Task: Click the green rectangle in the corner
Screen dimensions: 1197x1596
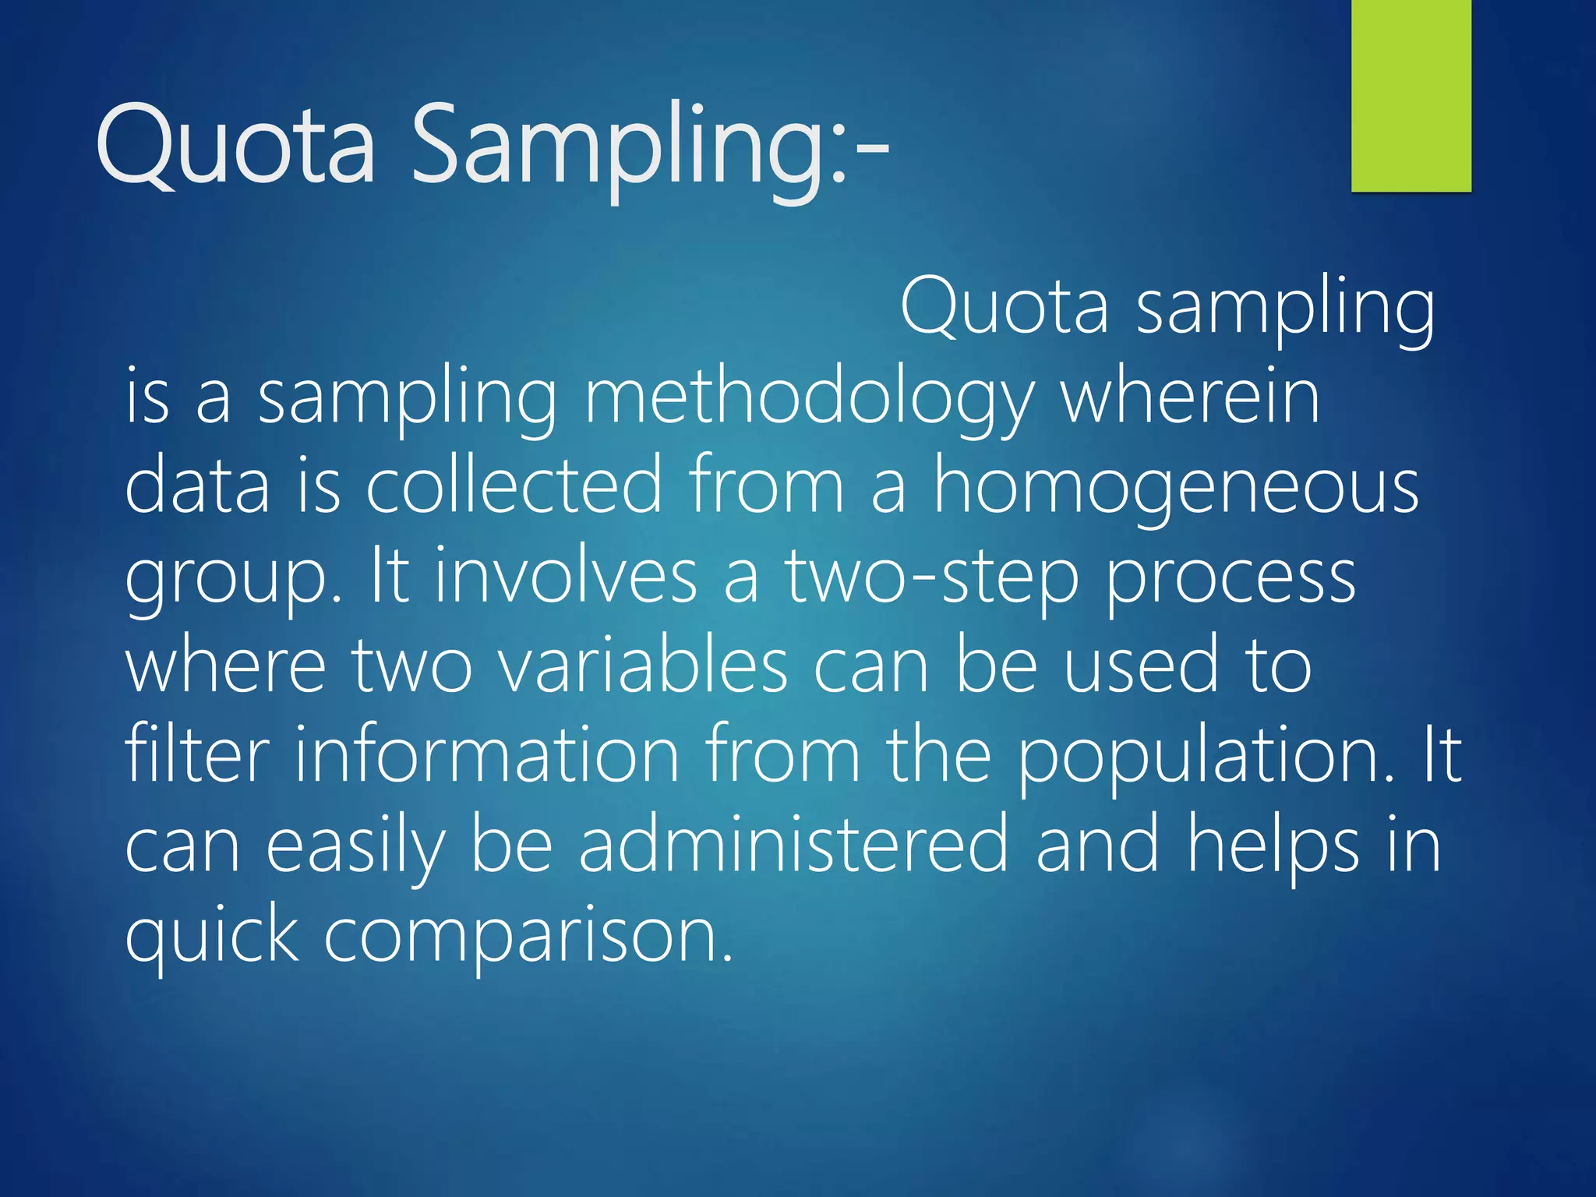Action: pyautogui.click(x=1411, y=95)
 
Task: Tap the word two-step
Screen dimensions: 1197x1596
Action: pyautogui.click(x=931, y=577)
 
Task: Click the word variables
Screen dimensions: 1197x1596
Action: pyautogui.click(x=643, y=666)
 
